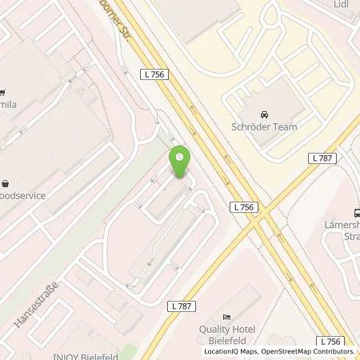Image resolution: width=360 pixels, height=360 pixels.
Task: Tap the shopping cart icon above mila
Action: (x=3, y=90)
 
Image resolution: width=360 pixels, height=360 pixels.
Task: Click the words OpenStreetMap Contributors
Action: (x=313, y=351)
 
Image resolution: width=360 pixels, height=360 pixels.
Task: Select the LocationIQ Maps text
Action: (x=230, y=351)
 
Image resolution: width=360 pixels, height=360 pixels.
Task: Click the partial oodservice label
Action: (x=22, y=195)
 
